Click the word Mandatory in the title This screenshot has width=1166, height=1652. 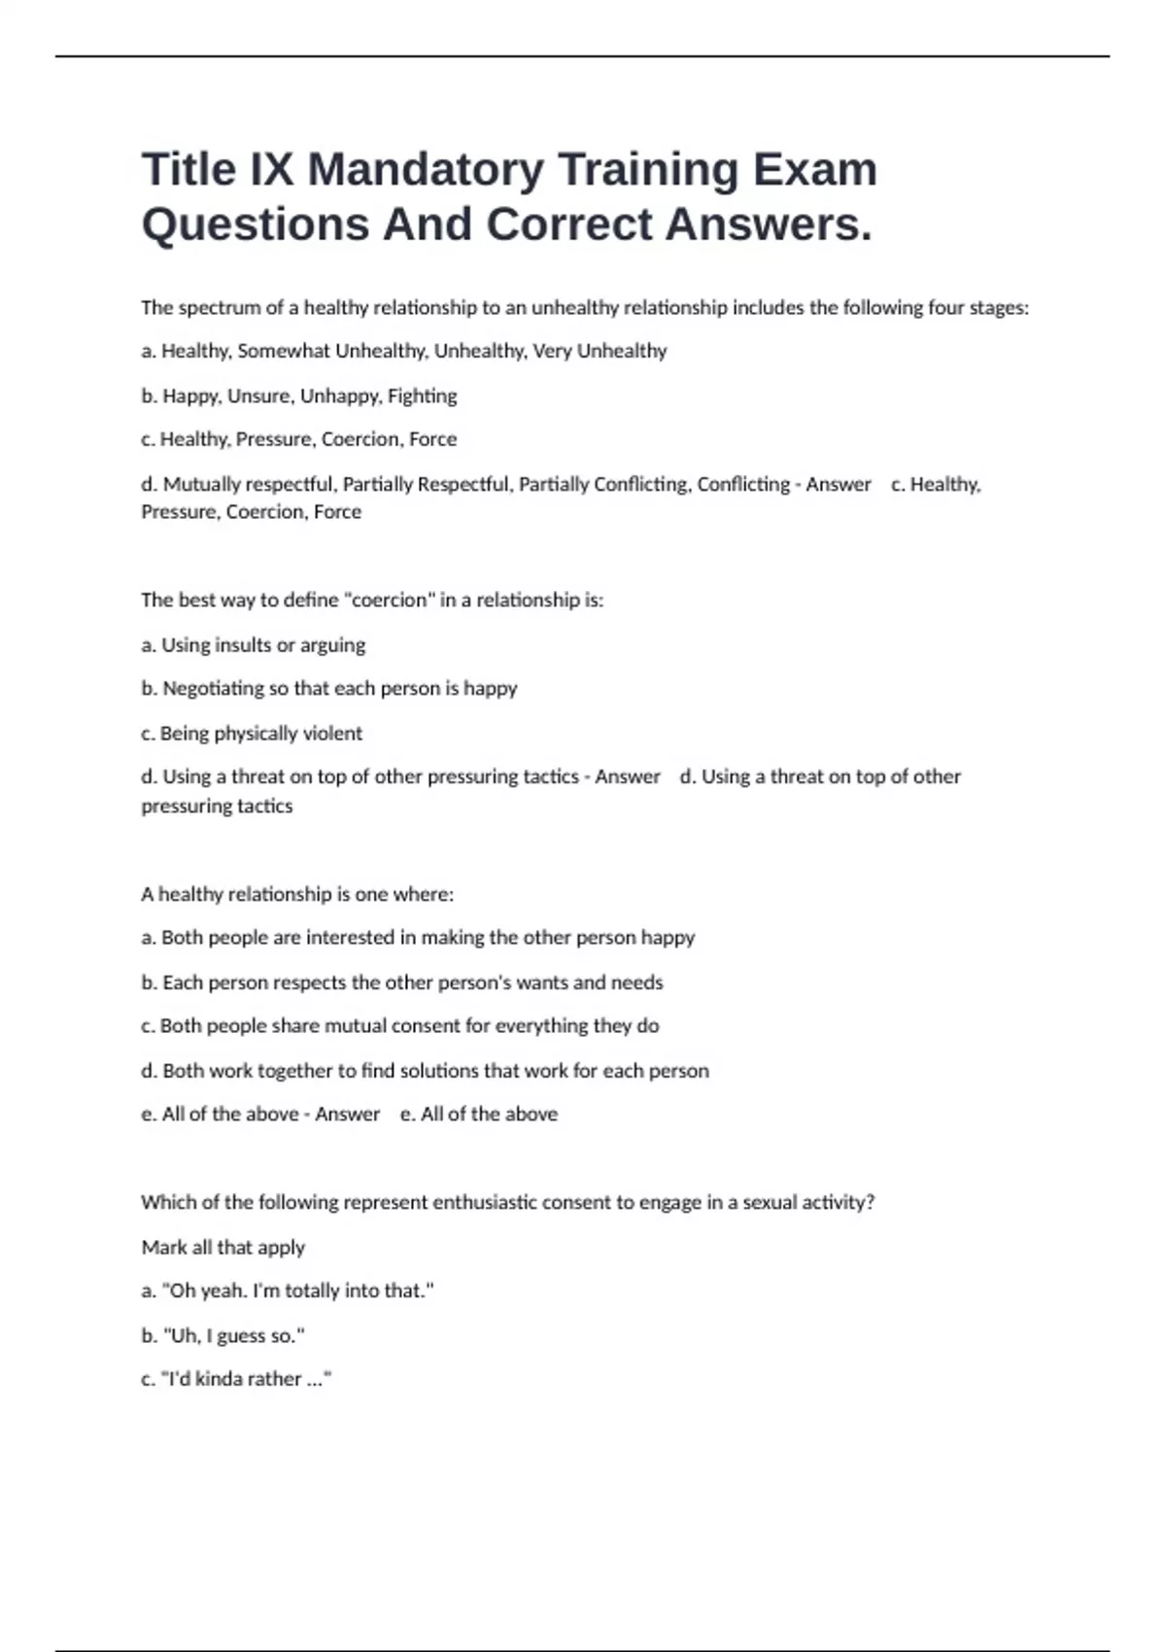click(426, 169)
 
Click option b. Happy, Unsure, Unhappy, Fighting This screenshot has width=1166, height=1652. click(298, 396)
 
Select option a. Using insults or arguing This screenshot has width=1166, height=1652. click(253, 644)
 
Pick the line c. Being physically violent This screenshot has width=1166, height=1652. click(251, 733)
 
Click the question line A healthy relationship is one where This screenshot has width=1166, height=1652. click(296, 893)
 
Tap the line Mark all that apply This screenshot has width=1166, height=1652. click(223, 1247)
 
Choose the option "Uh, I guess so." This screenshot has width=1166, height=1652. click(223, 1335)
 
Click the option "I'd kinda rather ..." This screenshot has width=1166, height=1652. click(236, 1378)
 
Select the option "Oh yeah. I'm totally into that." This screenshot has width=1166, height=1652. click(287, 1291)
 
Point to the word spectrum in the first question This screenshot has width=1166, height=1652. click(219, 308)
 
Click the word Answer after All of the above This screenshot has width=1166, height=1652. click(347, 1114)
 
